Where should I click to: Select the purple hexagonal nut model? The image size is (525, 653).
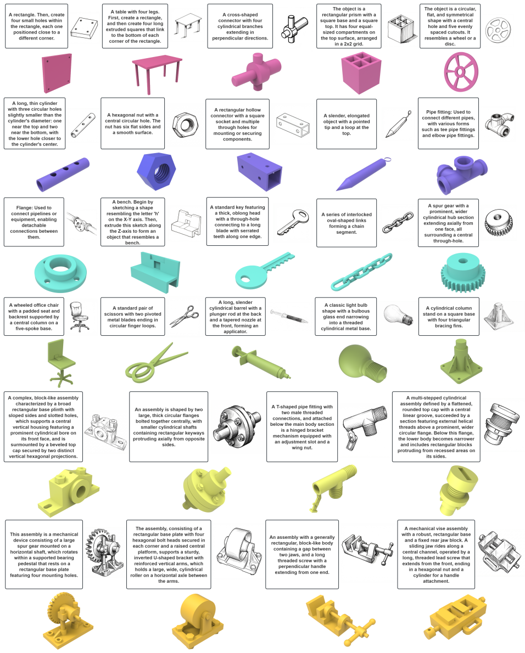pyautogui.click(x=157, y=172)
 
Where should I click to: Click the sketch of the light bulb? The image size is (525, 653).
pyautogui.click(x=398, y=315)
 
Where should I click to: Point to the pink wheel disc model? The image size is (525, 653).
pyautogui.click(x=461, y=72)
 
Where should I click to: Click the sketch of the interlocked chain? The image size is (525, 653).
pyautogui.click(x=398, y=222)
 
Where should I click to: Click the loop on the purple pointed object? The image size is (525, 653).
pyautogui.click(x=387, y=160)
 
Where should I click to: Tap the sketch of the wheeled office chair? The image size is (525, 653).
pyautogui.click(x=79, y=317)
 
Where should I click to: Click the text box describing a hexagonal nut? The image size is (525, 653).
pyautogui.click(x=133, y=123)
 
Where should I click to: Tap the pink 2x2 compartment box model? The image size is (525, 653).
pyautogui.click(x=361, y=72)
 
